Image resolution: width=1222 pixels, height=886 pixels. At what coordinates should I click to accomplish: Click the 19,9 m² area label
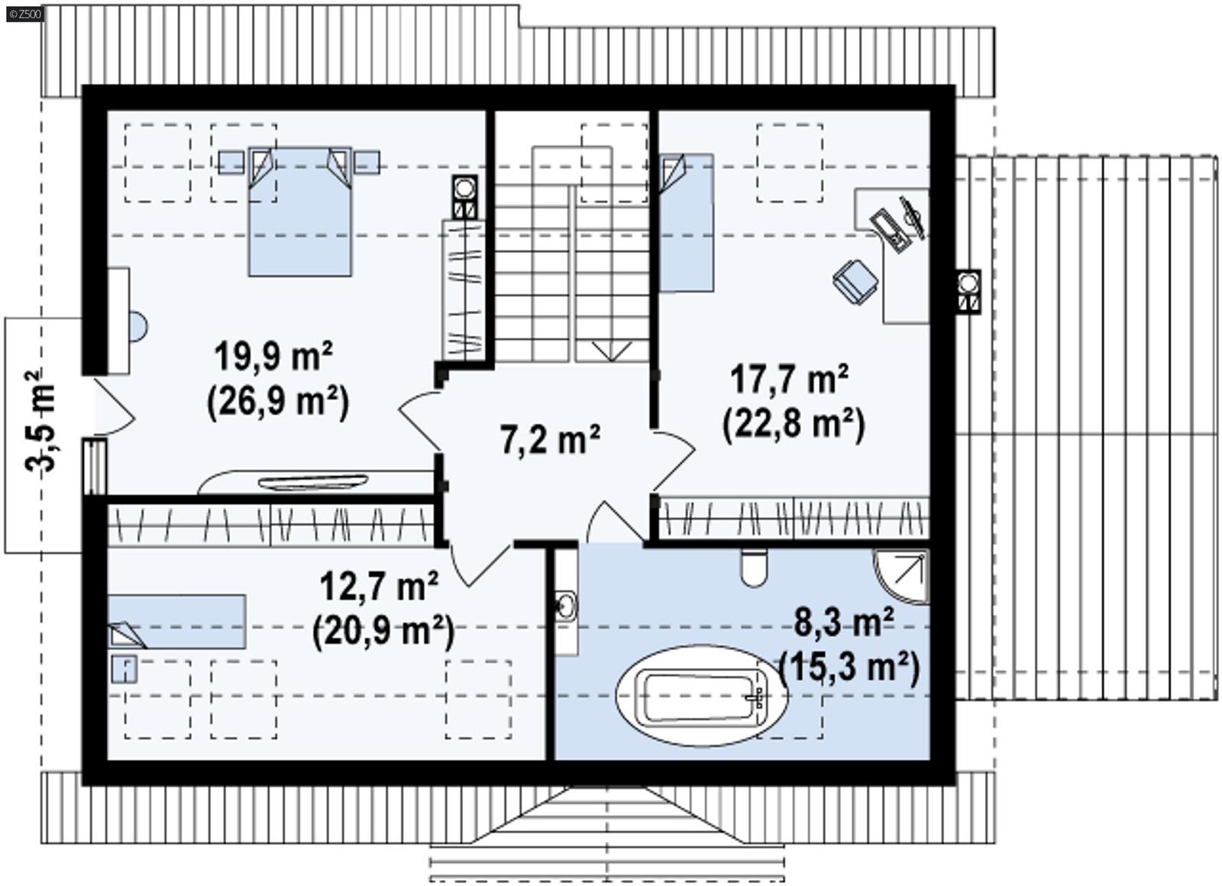point(273,357)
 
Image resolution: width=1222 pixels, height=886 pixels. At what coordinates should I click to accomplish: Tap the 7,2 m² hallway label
point(550,439)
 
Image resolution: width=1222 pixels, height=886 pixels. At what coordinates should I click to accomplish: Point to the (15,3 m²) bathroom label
point(849,668)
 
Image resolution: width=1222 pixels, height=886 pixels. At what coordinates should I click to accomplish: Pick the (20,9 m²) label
point(383,632)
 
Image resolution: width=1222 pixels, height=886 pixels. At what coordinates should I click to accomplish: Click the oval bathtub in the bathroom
point(700,696)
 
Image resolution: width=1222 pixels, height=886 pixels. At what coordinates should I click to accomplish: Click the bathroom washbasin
point(566,606)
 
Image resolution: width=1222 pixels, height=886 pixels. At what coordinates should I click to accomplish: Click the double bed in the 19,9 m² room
point(299,212)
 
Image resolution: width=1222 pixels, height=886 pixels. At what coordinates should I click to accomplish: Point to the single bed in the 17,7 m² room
point(685,221)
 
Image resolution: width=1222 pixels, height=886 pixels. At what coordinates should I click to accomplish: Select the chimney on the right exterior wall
point(968,291)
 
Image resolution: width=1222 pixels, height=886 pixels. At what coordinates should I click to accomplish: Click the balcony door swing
point(115,409)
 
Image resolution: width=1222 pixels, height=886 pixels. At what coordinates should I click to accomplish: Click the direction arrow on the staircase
point(611,351)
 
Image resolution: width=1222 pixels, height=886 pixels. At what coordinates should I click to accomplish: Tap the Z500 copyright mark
point(24,12)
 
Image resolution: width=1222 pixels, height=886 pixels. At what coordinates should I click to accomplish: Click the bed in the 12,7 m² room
point(177,621)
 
